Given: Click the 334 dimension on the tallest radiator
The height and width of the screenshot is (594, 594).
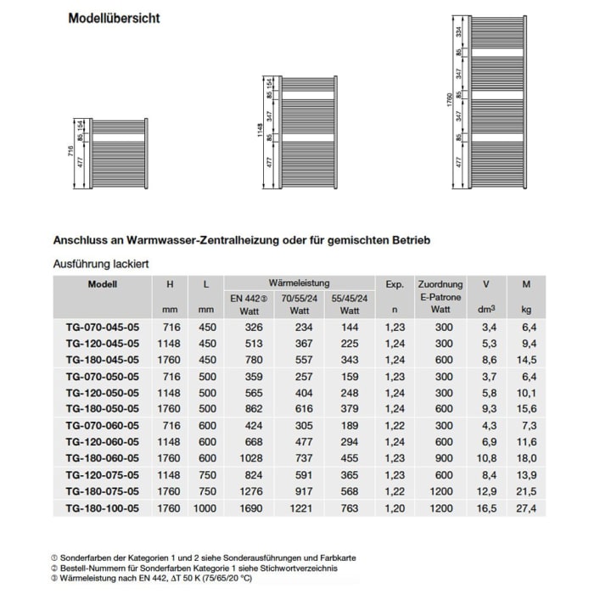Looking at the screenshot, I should [459, 32].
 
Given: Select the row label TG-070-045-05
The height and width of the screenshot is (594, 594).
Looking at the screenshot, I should [103, 328].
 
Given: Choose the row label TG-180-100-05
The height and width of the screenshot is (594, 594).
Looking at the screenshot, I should [103, 508].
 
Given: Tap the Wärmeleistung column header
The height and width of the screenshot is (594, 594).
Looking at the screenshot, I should [299, 283].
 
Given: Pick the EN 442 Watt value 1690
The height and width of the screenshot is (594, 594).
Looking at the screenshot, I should [247, 508].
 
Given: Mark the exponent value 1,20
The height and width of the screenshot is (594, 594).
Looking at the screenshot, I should [392, 508].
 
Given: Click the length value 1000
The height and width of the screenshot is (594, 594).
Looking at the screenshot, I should [206, 508].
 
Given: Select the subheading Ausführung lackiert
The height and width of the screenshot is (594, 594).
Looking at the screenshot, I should [102, 264].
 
